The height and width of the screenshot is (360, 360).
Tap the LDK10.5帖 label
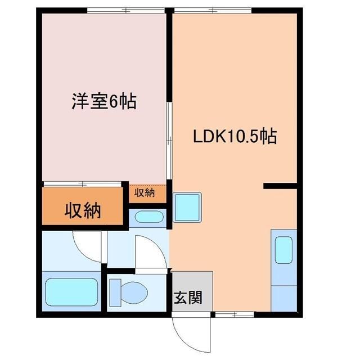[235, 137]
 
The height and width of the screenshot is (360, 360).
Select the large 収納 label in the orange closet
[82, 211]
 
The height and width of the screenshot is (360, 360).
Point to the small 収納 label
[145, 192]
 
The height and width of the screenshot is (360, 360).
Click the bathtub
[71, 292]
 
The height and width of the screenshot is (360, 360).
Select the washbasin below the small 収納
[148, 217]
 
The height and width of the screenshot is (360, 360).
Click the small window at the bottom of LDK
[229, 313]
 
